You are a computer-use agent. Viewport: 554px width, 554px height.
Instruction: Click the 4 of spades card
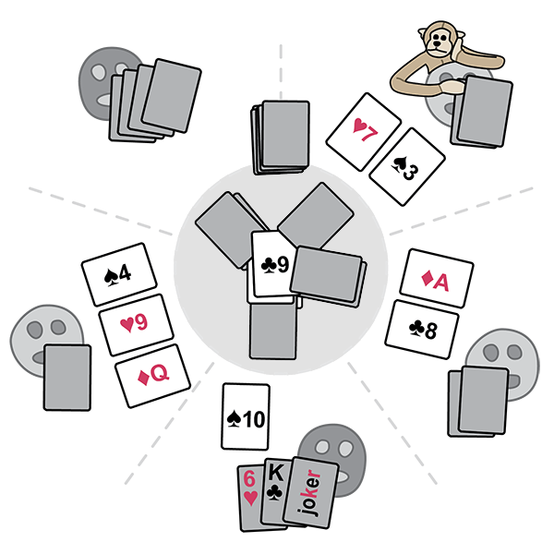116,274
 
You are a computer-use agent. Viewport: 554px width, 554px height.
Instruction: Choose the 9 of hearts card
138,324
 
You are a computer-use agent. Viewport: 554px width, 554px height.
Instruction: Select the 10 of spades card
246,418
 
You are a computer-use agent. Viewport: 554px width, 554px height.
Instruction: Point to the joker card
317,491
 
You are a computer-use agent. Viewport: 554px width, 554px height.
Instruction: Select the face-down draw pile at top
281,136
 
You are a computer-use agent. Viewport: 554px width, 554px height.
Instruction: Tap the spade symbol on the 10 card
235,418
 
